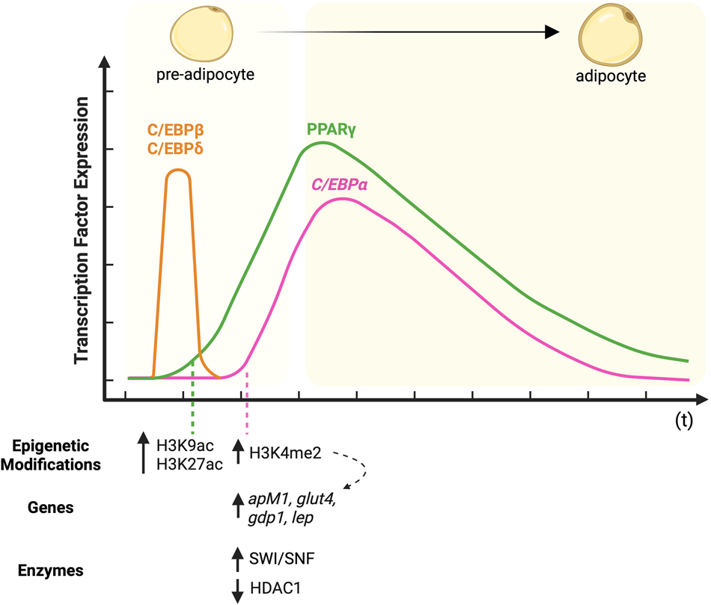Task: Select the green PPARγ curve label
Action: click(x=330, y=128)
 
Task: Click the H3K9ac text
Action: click(x=183, y=446)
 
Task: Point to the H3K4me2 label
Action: click(x=285, y=453)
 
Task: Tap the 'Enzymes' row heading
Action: click(x=52, y=571)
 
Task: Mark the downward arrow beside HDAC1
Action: click(x=238, y=590)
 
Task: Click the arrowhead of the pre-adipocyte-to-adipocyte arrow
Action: click(x=552, y=31)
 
